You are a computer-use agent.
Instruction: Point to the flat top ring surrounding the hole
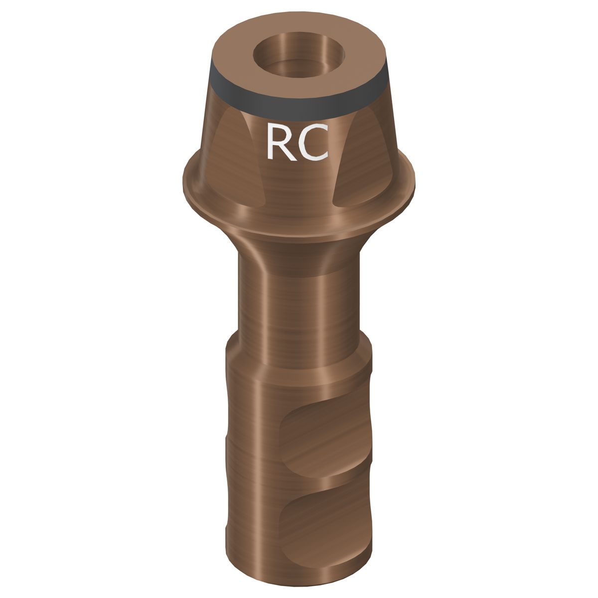[x=234, y=55]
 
